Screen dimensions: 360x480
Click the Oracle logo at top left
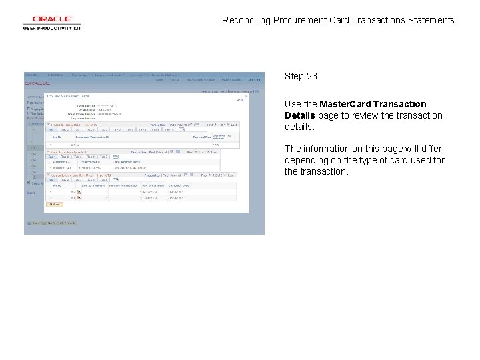coord(51,20)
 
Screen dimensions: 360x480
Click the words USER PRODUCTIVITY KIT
coord(51,28)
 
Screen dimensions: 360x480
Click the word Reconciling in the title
coord(247,20)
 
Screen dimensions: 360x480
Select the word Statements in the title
coord(428,20)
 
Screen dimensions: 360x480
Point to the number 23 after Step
coord(311,76)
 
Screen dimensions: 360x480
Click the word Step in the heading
coord(294,76)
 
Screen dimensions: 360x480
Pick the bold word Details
coord(300,115)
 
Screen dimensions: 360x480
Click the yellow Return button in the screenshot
coord(54,205)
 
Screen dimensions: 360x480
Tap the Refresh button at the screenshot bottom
coord(51,223)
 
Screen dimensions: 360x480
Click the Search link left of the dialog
coord(31,193)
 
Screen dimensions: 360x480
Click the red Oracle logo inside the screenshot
coord(37,83)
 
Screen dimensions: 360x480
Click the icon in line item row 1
coord(79,192)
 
